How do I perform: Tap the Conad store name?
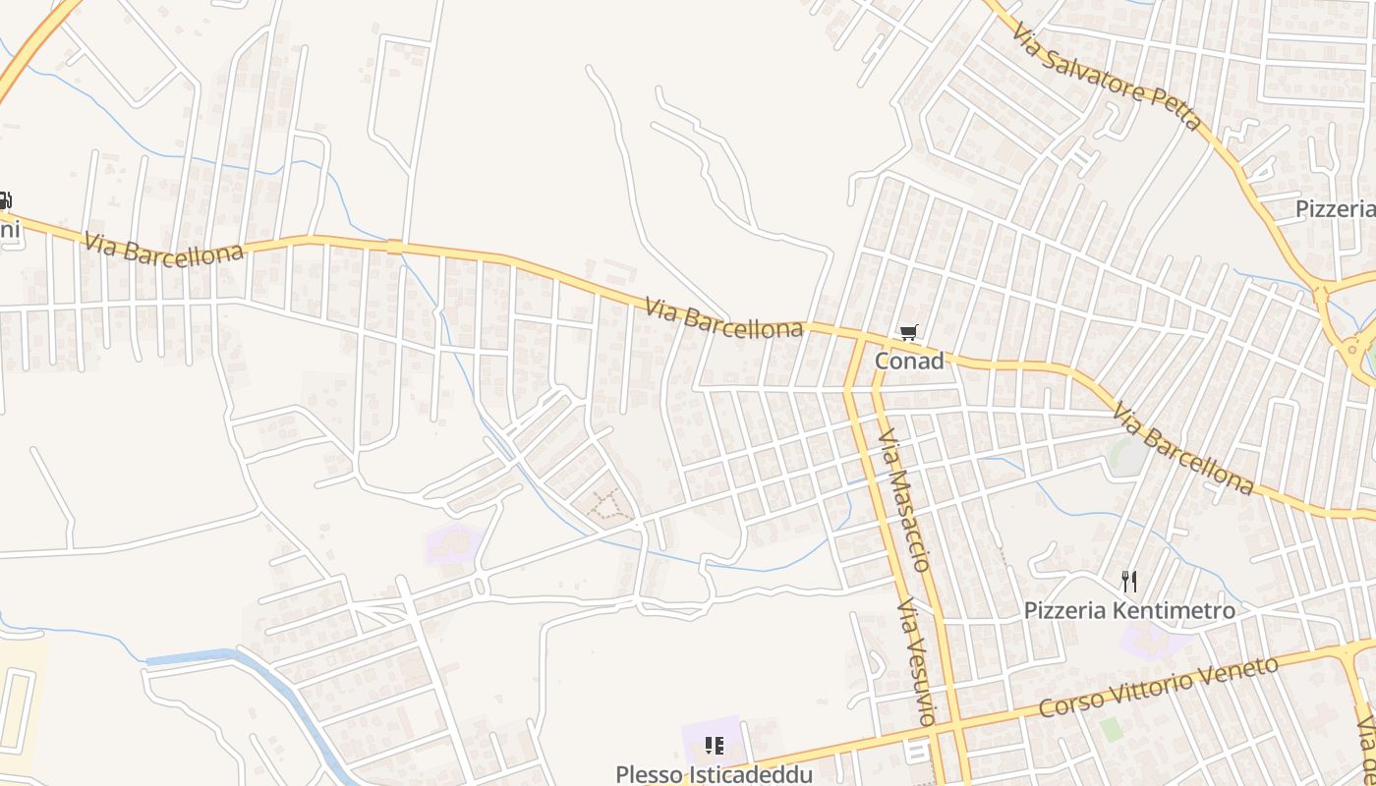coord(909,361)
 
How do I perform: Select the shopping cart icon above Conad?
coord(908,334)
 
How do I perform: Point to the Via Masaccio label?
coord(904,499)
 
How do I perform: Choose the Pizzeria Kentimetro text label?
coord(1129,610)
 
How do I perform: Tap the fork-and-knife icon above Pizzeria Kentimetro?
coord(1129,582)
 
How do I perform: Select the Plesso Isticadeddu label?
coord(714,774)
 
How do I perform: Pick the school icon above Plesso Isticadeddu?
coord(715,746)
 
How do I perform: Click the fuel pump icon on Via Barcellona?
coord(4,201)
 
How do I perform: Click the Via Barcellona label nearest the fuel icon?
coord(163,248)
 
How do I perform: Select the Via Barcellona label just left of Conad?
coord(724,318)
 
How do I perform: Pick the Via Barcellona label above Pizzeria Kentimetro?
coord(1183,448)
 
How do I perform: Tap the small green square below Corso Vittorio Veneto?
coord(1111,729)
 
